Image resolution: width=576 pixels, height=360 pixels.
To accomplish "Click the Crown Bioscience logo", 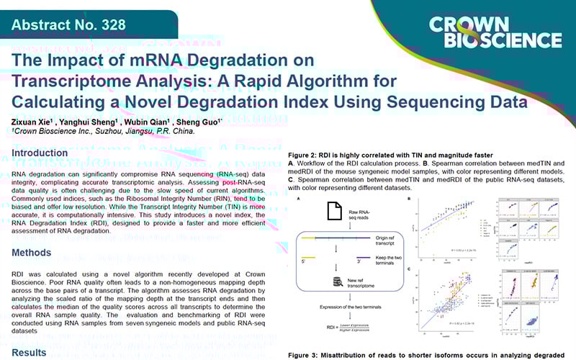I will tap(495, 31).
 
